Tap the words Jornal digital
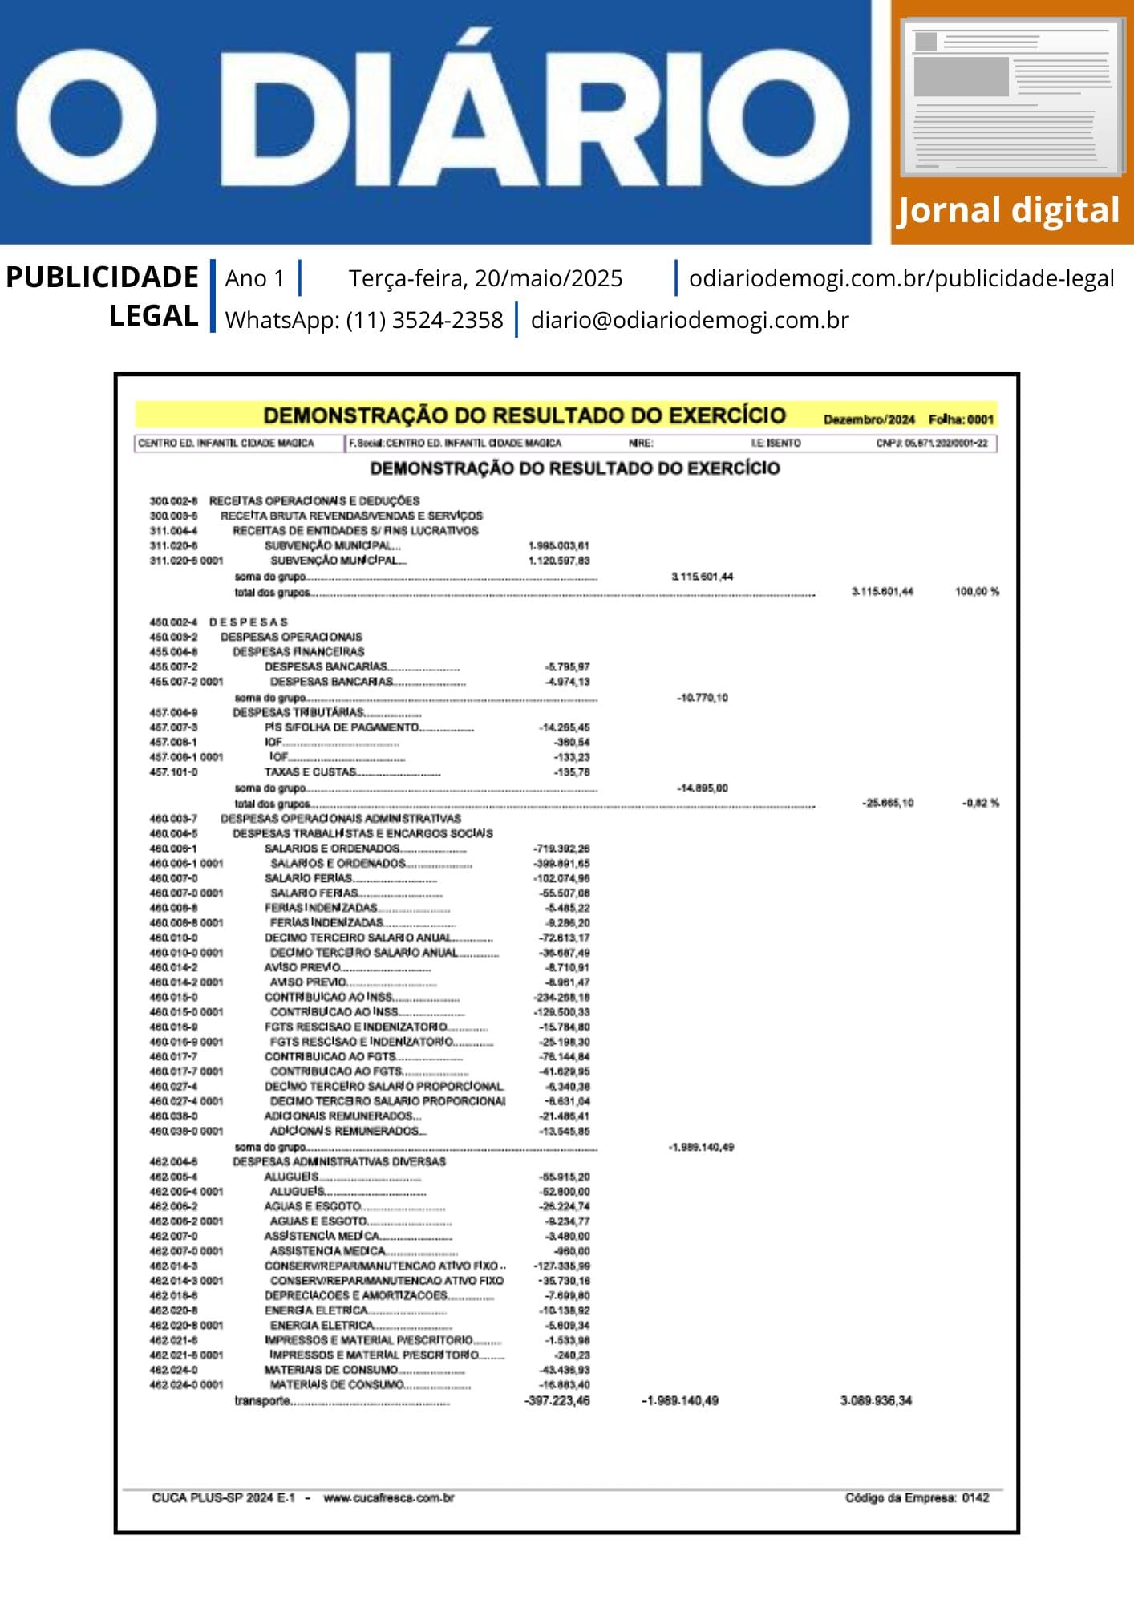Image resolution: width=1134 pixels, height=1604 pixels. pos(1008,210)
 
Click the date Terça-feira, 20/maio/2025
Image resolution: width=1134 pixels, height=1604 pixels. pos(485,278)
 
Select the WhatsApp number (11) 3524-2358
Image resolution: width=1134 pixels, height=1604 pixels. pos(424,320)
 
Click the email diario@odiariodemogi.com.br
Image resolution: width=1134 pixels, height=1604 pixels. pos(690,320)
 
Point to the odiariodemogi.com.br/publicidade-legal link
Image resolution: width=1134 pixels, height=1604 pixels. pos(901,278)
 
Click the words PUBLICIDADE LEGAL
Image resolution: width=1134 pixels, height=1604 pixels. pos(102,296)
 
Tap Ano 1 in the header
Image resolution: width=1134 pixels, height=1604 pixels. pos(254,278)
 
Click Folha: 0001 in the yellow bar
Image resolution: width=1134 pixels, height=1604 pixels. pos(961,419)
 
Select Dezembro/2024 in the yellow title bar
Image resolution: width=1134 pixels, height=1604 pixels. pos(869,419)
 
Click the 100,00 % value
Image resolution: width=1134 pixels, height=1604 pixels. pos(977,592)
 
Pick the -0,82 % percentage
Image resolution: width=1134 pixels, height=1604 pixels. pos(980,803)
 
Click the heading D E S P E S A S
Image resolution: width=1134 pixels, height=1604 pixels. pos(248,622)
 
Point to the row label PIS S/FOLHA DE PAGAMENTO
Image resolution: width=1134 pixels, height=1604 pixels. pos(342,727)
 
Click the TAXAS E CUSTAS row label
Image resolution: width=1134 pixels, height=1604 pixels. pos(310,772)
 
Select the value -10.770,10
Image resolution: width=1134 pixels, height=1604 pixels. pos(702,698)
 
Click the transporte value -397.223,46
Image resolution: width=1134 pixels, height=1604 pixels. pos(557,1401)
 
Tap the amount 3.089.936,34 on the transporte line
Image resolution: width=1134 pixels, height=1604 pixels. pos(876,1401)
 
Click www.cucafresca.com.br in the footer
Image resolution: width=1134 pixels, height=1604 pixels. pos(389,1498)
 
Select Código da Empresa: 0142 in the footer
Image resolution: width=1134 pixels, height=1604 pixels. pos(917,1498)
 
